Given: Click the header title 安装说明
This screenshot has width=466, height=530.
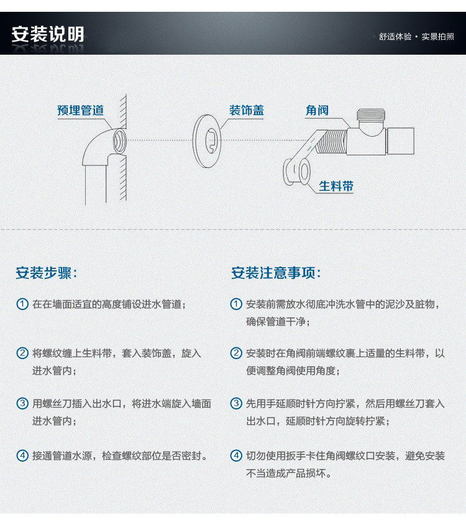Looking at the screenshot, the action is point(48,34).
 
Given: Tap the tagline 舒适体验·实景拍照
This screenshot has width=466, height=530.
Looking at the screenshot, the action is point(416,37).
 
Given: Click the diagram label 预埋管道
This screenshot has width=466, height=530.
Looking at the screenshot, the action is point(80,110).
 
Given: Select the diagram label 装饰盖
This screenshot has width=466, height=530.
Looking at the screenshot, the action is point(246,110).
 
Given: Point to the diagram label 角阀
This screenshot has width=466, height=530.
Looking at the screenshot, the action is point(317,110).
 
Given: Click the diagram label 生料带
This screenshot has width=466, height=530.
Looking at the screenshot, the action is point(336,186).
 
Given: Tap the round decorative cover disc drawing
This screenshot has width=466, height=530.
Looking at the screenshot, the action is point(207,141).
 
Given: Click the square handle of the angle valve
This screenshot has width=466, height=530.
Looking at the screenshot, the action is point(400,141).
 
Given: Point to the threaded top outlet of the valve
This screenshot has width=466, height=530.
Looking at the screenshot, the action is point(371,115).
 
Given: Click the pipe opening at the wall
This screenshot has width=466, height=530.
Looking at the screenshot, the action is point(120,141).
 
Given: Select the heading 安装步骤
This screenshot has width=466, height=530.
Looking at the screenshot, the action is point(47,273).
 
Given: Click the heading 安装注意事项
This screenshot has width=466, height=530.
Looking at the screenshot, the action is point(276,273).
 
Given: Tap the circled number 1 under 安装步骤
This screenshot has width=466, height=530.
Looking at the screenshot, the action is point(22,304).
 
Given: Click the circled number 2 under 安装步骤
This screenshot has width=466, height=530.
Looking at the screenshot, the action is point(22,353).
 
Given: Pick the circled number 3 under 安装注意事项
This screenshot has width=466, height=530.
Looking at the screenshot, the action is point(236,403).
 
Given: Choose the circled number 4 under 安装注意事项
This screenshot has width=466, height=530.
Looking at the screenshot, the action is point(236,455).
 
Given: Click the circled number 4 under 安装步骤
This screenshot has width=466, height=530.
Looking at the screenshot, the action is point(22,455).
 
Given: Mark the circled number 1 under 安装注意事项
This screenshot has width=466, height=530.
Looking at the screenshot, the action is point(236,304).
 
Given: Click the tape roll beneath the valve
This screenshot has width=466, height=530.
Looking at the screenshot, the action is point(297,171).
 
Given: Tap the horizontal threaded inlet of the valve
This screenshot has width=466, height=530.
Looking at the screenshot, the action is point(331,141).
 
